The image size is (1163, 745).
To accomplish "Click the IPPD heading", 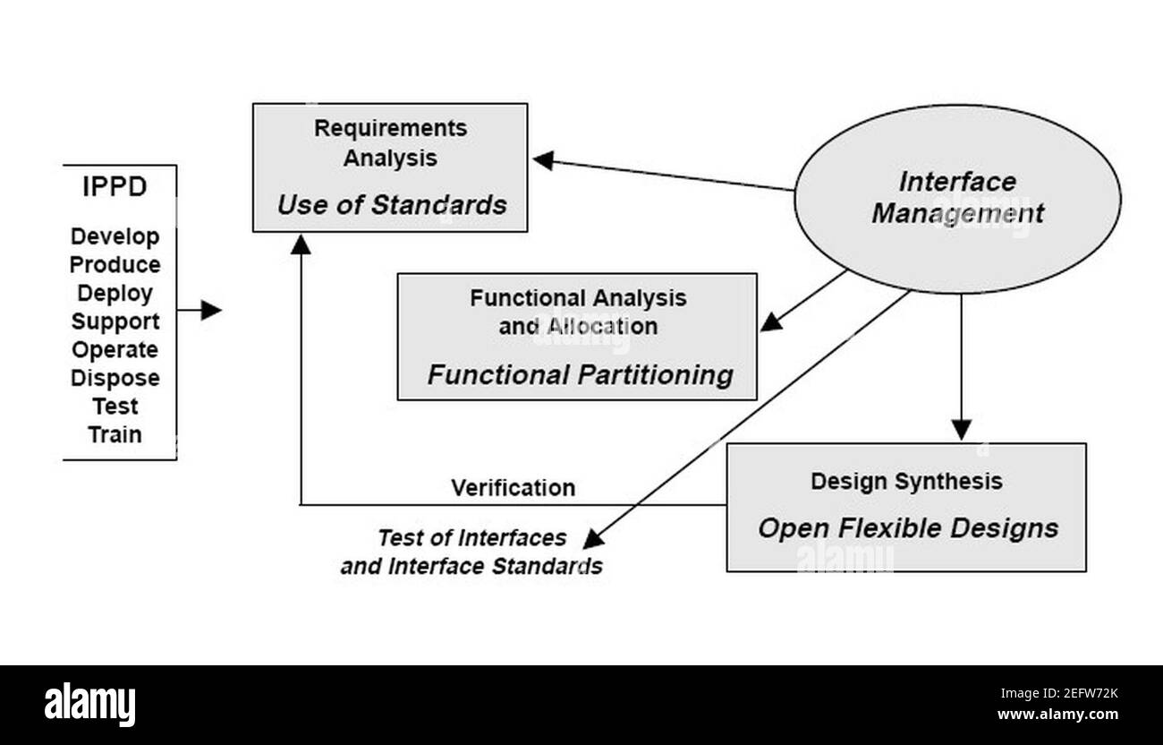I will tap(115, 188).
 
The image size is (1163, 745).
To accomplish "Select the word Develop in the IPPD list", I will tap(115, 237).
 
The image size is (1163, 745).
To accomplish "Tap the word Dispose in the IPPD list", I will tap(115, 378).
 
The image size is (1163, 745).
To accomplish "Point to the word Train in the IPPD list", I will tap(115, 435).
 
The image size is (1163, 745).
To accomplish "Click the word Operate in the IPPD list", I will tap(115, 350).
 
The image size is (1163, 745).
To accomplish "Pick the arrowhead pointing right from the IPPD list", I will tap(211, 311).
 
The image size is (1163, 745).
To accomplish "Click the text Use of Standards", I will tap(391, 205).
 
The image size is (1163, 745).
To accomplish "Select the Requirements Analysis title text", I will tap(390, 142).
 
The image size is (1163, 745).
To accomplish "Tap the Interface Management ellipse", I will tap(957, 198).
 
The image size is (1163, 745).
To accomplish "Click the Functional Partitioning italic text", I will tap(580, 374).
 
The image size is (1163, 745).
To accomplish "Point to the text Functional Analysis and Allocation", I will tap(578, 312).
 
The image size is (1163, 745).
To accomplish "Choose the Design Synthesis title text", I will tap(906, 481).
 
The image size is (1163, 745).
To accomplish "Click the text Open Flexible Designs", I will tap(908, 527).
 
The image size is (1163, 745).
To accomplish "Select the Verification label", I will tap(513, 488).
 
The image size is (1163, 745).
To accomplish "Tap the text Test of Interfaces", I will tap(471, 538).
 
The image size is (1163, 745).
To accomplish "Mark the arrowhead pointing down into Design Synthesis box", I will tap(961, 430).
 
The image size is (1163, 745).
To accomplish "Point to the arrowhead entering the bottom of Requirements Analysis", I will tap(301, 243).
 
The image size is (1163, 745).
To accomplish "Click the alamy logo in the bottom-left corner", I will tap(89, 705).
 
